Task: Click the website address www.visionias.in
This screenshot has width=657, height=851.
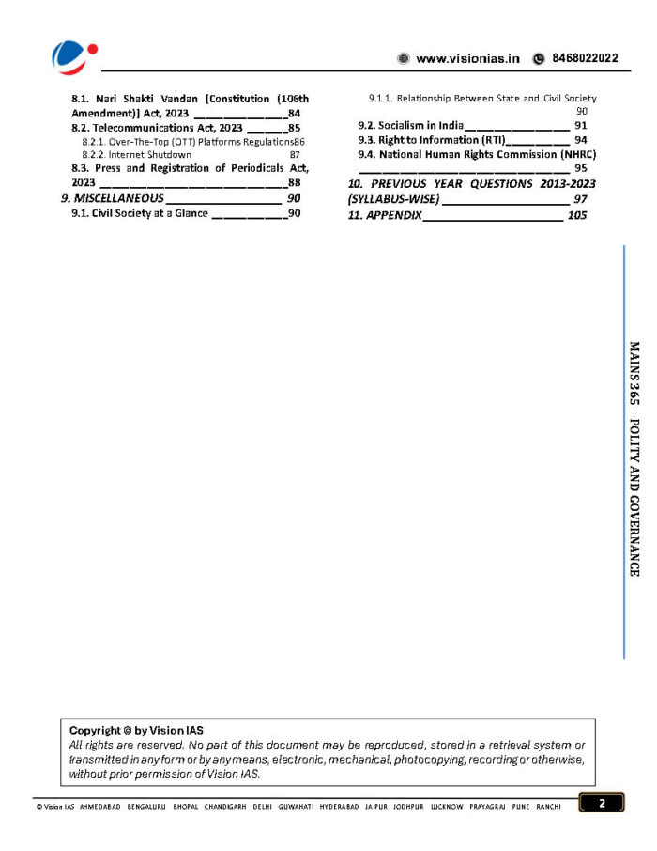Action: (x=467, y=58)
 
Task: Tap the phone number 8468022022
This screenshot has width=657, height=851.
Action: (x=584, y=58)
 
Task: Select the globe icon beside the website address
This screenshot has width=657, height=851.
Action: (x=404, y=58)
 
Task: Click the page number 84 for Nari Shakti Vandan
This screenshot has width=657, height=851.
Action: (x=295, y=113)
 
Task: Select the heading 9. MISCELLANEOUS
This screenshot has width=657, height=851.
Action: (x=113, y=198)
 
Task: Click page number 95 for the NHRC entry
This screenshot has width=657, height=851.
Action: (x=581, y=168)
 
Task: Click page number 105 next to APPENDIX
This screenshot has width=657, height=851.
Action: (x=577, y=215)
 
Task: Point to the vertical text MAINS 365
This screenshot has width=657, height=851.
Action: (x=634, y=376)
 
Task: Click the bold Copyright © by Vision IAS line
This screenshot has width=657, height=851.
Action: (x=136, y=730)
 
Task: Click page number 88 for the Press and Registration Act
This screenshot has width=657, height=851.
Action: (x=295, y=182)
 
